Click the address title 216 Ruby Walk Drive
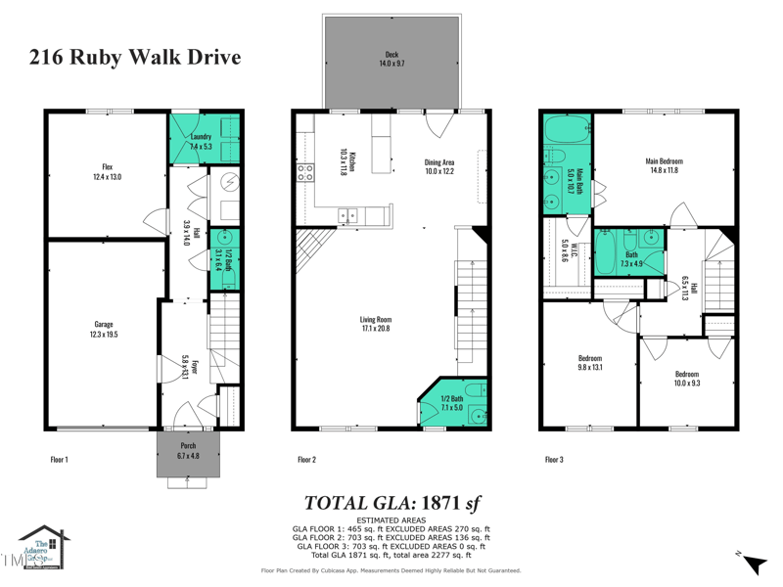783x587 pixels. click(x=135, y=58)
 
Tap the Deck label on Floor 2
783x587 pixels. click(x=391, y=59)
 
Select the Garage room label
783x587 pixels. click(x=104, y=330)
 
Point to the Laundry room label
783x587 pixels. click(x=201, y=141)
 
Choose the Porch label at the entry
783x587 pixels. click(x=188, y=451)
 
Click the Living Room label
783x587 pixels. click(x=375, y=324)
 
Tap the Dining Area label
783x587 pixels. click(x=438, y=166)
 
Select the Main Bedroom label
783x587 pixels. click(x=664, y=165)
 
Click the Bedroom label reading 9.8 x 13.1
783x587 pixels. click(x=589, y=363)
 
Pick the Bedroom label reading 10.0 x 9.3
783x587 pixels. click(x=686, y=379)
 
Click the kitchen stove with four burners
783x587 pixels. click(x=305, y=173)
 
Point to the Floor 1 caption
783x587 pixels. click(x=59, y=458)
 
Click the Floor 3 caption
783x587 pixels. click(x=554, y=458)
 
